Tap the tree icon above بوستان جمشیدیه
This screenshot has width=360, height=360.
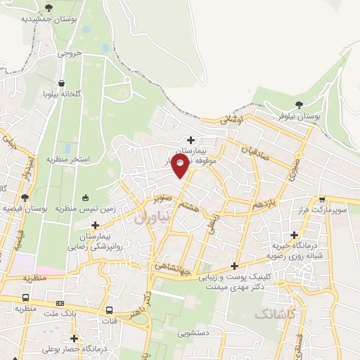click(49, 8)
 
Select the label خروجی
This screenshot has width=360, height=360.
click(70, 53)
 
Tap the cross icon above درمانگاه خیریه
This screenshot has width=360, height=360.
click(294, 235)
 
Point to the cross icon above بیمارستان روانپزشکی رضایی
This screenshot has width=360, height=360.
click(94, 225)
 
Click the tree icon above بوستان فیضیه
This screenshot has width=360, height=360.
click(25, 198)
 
